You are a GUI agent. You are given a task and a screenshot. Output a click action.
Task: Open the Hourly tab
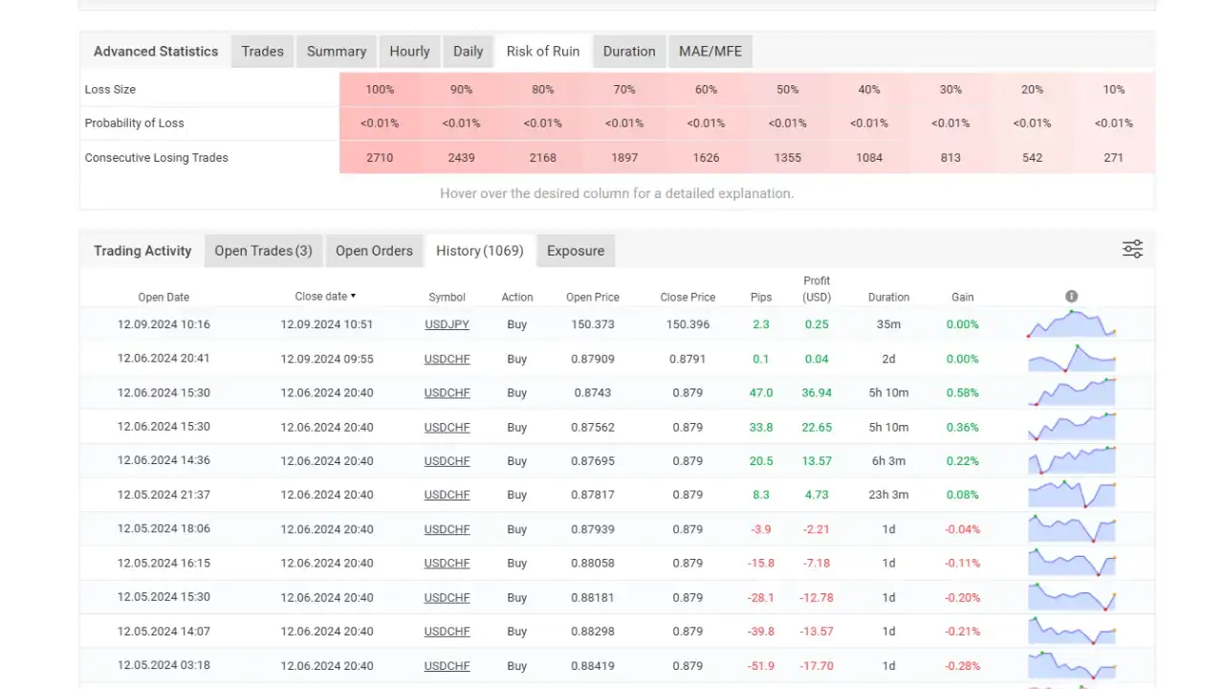pos(409,52)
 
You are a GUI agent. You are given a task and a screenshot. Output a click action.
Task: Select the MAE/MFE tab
pos(710,52)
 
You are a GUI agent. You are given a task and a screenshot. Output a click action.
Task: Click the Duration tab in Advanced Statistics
pos(629,52)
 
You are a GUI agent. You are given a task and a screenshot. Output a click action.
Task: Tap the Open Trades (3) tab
pos(263,251)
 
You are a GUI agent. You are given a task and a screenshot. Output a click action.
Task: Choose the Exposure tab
pos(576,251)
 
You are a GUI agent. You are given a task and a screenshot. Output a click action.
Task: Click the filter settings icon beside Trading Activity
pos(1132,250)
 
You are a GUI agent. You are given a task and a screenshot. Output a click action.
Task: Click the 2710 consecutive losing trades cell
pos(380,158)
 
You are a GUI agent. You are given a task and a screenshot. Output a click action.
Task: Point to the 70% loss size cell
pos(624,89)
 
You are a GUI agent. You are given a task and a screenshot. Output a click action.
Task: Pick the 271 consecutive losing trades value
pos(1113,158)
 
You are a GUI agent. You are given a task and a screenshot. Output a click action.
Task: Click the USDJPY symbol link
pos(447,324)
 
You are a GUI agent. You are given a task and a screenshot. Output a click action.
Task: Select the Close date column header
pos(325,297)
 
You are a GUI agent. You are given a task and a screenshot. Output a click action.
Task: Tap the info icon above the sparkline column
pos(1072,297)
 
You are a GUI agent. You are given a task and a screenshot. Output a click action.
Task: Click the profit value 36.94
pos(817,392)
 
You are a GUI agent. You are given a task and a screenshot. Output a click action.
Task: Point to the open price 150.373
pos(592,324)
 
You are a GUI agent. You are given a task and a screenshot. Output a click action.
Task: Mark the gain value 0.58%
pos(962,392)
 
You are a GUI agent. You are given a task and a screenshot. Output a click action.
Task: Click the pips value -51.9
pos(761,666)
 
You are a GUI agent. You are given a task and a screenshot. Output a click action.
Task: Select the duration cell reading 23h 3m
pos(888,495)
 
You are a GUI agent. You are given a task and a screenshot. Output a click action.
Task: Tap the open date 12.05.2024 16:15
pos(164,563)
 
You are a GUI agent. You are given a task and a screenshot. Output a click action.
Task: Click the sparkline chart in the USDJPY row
pos(1071,324)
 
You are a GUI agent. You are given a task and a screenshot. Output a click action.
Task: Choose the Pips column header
pos(761,297)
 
